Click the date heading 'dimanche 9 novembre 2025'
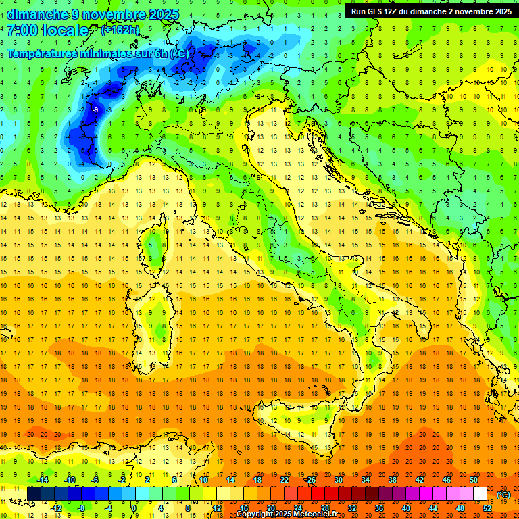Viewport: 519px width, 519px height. (x=93, y=14)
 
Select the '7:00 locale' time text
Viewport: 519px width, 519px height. (x=48, y=30)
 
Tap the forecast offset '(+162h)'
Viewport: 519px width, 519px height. (x=120, y=30)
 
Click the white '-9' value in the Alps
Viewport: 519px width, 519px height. (x=95, y=109)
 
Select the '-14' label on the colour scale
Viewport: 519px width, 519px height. (x=43, y=480)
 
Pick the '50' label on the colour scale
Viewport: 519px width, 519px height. (x=474, y=480)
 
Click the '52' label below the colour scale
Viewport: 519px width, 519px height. (x=487, y=508)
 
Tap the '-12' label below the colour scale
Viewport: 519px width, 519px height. (x=56, y=508)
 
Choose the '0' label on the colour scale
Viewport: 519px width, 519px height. (x=134, y=508)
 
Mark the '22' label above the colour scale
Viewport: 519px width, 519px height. (x=285, y=480)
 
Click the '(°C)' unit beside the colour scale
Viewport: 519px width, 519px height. (x=503, y=494)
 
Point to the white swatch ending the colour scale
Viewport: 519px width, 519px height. (x=480, y=494)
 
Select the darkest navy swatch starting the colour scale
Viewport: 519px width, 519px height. (x=34, y=494)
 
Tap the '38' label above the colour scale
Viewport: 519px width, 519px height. (x=393, y=480)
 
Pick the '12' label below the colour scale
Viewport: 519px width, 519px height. (x=218, y=508)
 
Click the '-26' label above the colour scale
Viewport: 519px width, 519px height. (x=311, y=480)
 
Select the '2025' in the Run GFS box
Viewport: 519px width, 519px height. (x=501, y=11)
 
